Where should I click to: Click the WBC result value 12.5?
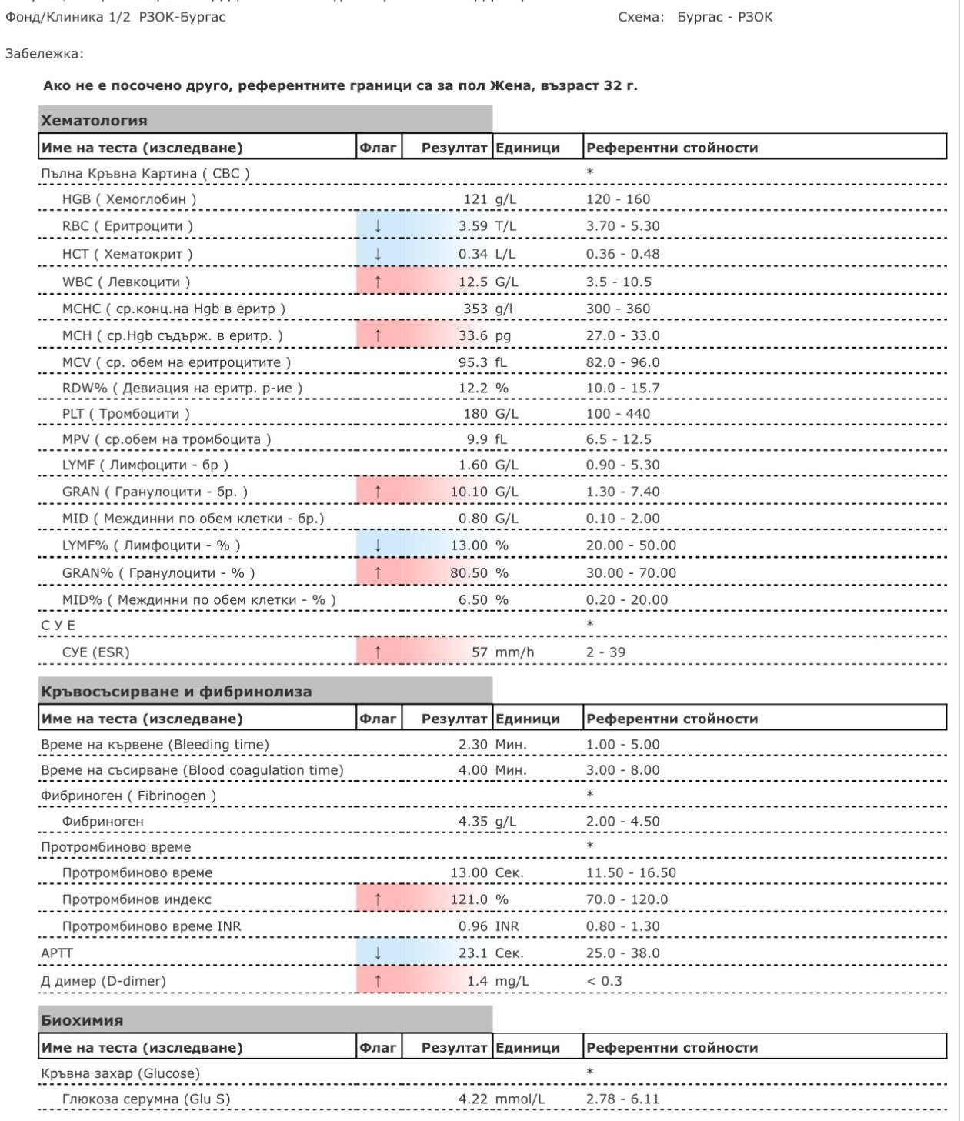(472, 282)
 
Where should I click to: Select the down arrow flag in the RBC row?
(378, 226)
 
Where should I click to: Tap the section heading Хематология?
(94, 121)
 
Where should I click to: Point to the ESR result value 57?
(479, 652)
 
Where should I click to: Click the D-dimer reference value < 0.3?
(604, 981)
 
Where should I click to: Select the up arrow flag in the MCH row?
(378, 335)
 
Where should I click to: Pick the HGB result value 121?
(475, 199)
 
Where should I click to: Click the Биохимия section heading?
(82, 1020)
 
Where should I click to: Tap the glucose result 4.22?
(472, 1099)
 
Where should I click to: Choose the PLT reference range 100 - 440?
(618, 414)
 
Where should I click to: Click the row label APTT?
(57, 953)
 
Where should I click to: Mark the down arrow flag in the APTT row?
(378, 953)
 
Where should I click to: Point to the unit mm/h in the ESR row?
(514, 652)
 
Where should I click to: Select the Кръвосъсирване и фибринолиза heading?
(176, 692)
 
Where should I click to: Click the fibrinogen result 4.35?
(472, 822)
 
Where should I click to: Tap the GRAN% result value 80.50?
(469, 573)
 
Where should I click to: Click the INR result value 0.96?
(472, 926)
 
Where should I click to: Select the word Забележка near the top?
(43, 54)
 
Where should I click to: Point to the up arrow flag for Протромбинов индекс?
(378, 899)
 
